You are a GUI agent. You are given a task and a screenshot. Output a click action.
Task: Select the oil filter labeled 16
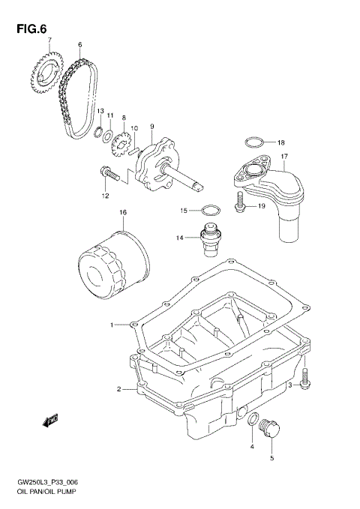point(112,259)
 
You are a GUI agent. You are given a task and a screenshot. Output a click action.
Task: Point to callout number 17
point(285,157)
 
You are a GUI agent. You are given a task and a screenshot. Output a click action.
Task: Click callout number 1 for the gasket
point(112,325)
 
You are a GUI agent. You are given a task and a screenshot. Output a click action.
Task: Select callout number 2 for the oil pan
point(118,389)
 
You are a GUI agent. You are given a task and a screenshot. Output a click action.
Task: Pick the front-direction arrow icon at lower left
point(51,421)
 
